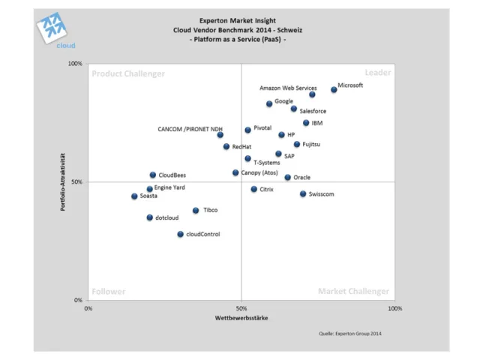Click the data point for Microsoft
334,89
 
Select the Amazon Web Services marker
312,94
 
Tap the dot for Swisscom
303,193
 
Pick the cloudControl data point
180,234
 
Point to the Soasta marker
134,196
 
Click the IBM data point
306,123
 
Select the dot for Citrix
253,189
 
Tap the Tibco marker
196,211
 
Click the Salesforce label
313,111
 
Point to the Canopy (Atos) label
259,172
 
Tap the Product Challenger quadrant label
127,73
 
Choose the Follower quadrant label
109,292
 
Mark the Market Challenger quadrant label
353,291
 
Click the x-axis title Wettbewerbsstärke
241,318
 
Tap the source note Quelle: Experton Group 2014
350,334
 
